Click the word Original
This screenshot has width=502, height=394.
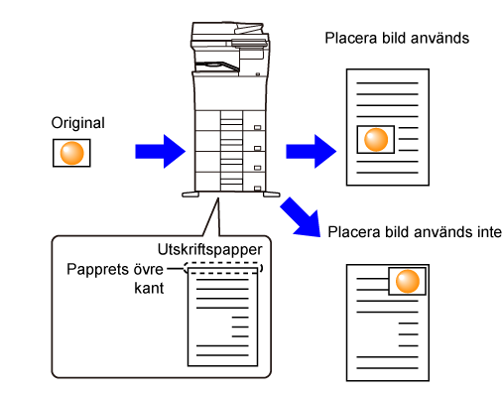coord(78,123)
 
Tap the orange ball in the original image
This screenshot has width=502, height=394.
coord(71,153)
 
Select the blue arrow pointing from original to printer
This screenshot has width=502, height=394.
coord(161,152)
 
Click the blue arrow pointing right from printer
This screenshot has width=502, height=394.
coord(312,152)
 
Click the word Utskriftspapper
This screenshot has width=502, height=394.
coord(210,250)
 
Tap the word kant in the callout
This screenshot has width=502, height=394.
coord(149,288)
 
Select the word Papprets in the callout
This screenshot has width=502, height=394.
coord(97,270)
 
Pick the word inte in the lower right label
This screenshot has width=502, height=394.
coord(489,232)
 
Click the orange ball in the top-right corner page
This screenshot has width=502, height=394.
coord(408,281)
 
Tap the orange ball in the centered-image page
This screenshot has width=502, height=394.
coord(376,139)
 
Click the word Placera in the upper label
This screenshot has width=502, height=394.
coord(351,38)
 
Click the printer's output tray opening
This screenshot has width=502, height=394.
coord(216,66)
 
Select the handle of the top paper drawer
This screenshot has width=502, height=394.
coord(257,128)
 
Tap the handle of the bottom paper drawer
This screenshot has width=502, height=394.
coord(257,189)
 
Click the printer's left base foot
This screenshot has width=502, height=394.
coord(190,195)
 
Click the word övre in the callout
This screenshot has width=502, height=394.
coord(148,270)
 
